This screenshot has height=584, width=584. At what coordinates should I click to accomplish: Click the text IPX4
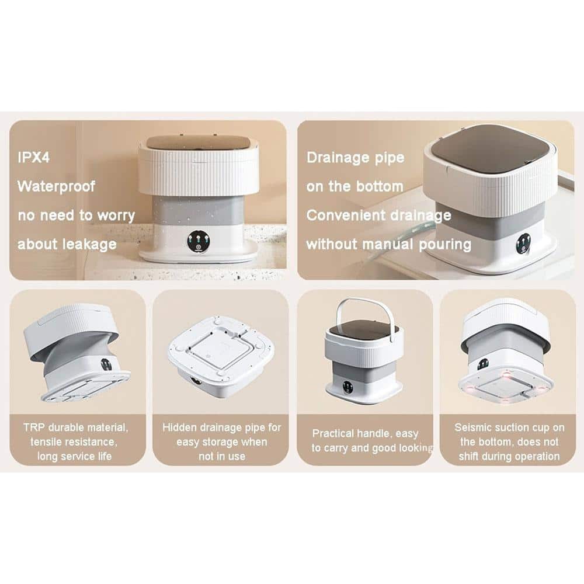[x=33, y=158]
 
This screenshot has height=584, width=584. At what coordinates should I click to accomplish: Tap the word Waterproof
[x=56, y=186]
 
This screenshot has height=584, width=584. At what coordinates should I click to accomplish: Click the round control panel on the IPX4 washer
[x=198, y=242]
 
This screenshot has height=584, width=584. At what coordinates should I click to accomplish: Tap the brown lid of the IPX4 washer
[x=197, y=142]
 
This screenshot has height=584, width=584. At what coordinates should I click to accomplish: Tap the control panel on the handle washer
[x=347, y=387]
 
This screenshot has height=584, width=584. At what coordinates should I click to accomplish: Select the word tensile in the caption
[x=46, y=442]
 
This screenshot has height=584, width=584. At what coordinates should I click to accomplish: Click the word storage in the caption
[x=217, y=442]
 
